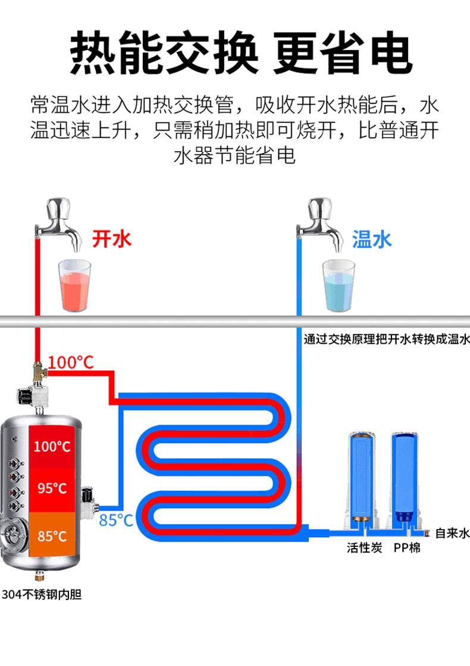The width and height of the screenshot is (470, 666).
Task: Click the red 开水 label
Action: point(111,239)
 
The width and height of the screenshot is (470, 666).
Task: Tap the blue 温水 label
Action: point(372,239)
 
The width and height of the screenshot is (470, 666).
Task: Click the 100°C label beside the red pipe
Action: point(71,362)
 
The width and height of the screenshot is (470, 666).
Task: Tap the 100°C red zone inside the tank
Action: point(52,446)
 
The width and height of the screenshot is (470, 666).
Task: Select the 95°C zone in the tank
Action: point(52,488)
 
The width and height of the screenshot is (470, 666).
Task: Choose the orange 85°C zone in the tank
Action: point(52,536)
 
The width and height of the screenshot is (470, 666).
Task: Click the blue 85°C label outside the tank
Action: point(115,520)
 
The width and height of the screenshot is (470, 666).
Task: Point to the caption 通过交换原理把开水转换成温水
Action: point(387,340)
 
